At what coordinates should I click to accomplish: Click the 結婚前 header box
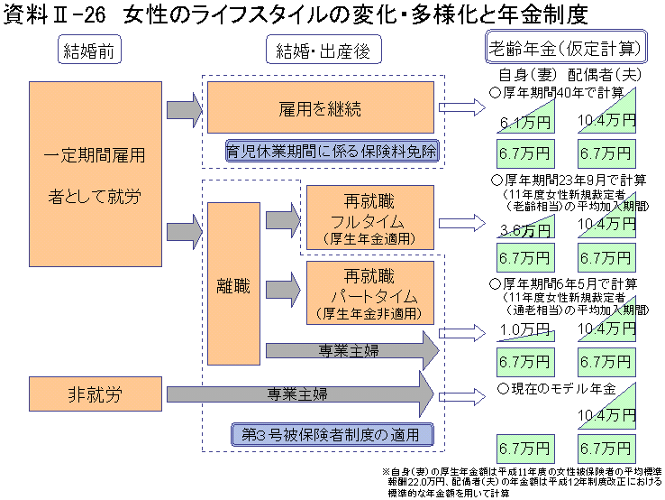point(88,51)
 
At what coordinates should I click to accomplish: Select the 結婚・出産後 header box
point(323,51)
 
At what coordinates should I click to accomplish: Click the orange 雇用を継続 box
point(320,109)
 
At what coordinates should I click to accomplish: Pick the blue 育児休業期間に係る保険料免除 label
point(332,151)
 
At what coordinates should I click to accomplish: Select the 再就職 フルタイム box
point(369,219)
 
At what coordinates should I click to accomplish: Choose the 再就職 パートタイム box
point(369,293)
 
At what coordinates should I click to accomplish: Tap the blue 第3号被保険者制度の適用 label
point(331,434)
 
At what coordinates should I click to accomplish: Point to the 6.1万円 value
point(520,120)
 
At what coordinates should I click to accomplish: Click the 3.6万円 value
point(520,228)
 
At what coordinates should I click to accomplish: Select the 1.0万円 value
point(520,329)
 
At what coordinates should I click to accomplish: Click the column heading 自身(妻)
point(528,74)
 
